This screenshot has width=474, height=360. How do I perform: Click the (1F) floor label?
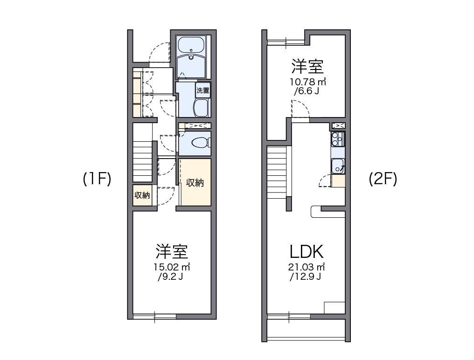[x=97, y=179]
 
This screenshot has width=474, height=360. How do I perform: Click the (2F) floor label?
[x=383, y=179]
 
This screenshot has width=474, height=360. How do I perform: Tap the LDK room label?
[x=306, y=252]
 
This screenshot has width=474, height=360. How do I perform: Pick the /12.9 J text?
[x=305, y=277]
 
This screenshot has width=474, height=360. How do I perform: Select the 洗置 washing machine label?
[x=202, y=90]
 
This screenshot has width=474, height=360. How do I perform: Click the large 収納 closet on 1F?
[x=195, y=183]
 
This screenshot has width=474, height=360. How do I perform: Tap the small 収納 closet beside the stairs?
[x=142, y=195]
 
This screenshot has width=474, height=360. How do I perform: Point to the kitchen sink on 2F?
[x=338, y=166]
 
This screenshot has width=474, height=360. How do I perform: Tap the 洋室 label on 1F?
[x=172, y=252]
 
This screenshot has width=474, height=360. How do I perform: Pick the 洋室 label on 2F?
[x=307, y=67]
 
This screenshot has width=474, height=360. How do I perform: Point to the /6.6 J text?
[x=307, y=91]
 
